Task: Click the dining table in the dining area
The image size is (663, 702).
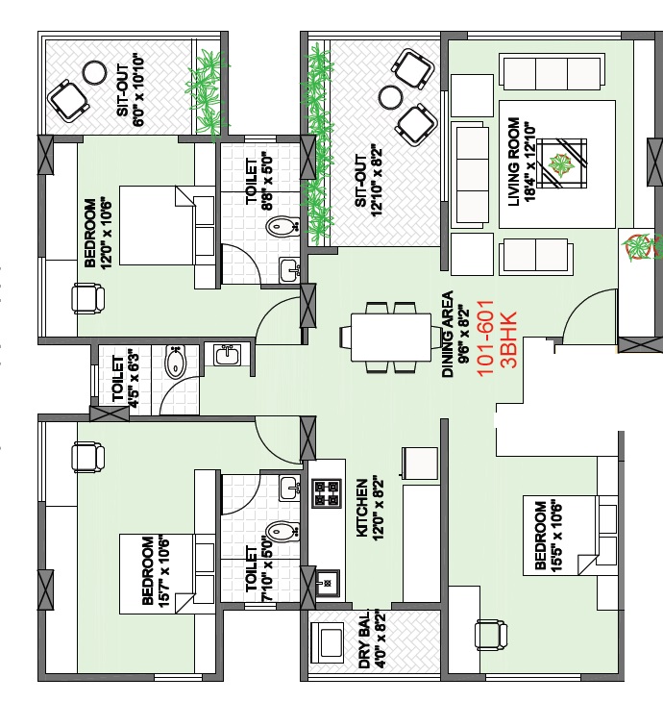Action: [391, 338]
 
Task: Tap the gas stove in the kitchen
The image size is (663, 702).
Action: [327, 493]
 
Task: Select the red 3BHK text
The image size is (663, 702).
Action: [509, 338]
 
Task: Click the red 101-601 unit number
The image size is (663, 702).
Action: [485, 338]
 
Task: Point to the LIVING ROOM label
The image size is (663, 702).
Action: [514, 162]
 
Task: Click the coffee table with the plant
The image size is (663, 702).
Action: [561, 163]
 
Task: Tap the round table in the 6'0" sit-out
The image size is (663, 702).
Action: [95, 72]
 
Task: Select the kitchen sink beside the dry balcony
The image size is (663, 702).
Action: [328, 583]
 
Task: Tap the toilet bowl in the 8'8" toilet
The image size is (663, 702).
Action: [282, 226]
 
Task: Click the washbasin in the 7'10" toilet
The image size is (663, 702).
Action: [289, 488]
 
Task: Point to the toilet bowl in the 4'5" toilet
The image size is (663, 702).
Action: [176, 362]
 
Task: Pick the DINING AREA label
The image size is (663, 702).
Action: [448, 334]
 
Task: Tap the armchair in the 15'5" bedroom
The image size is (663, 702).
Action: [491, 635]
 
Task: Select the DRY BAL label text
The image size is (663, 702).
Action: [365, 639]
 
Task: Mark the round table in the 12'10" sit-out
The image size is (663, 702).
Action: [390, 97]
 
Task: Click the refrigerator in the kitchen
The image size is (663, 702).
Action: [420, 463]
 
